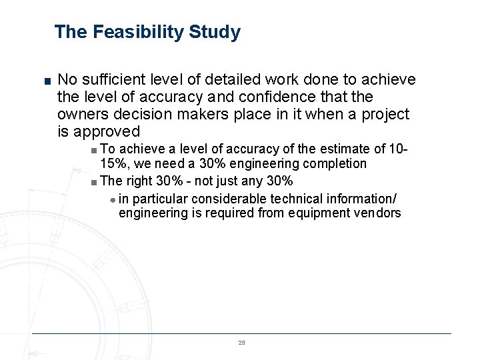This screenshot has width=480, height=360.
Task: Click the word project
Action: (x=385, y=114)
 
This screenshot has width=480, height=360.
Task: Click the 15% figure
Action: (x=113, y=163)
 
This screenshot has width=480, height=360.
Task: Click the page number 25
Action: (x=241, y=342)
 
